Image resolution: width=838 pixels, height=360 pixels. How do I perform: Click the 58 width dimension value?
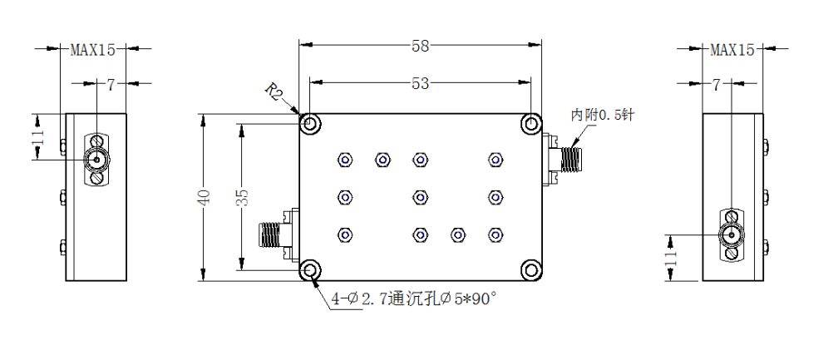pyautogui.click(x=421, y=47)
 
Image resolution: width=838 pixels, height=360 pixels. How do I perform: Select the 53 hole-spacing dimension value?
pyautogui.click(x=421, y=83)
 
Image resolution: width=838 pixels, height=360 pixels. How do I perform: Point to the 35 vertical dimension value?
pyautogui.click(x=242, y=198)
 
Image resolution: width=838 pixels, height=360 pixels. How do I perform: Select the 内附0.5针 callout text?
pyautogui.click(x=602, y=115)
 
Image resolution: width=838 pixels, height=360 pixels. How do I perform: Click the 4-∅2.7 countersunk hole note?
pyautogui.click(x=414, y=298)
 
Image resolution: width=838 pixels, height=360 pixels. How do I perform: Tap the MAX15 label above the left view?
pyautogui.click(x=93, y=50)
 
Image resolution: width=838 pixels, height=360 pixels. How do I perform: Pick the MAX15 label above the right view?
pyautogui.click(x=732, y=50)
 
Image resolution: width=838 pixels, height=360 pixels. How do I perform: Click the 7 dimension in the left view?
pyautogui.click(x=111, y=85)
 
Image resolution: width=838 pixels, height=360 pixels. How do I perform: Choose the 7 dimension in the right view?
pyautogui.click(x=716, y=85)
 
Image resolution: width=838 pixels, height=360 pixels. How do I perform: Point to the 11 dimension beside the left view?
pyautogui.click(x=37, y=138)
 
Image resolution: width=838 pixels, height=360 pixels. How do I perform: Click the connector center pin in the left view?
pyautogui.click(x=96, y=159)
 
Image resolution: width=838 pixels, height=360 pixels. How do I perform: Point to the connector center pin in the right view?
pyautogui.click(x=730, y=234)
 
